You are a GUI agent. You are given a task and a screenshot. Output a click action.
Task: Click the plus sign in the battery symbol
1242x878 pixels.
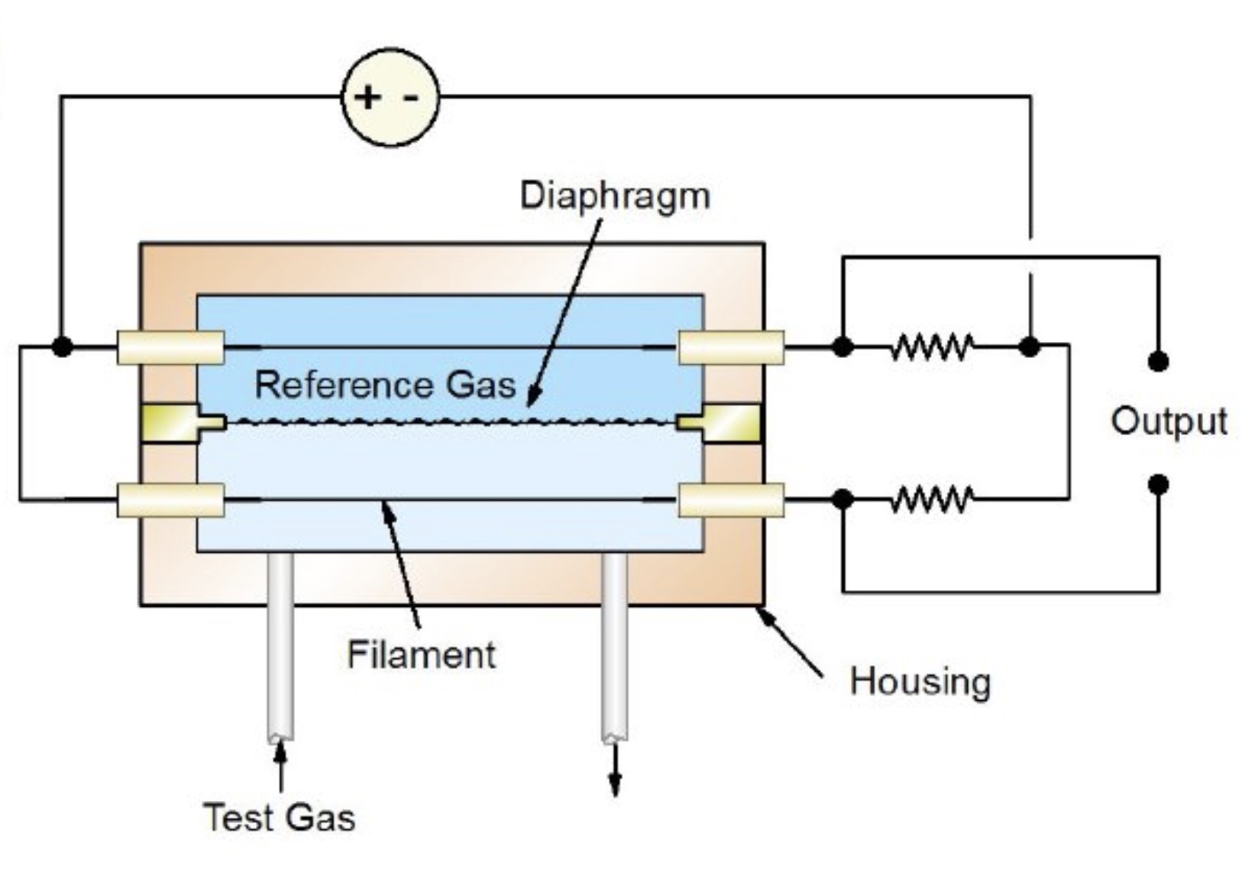[x=368, y=97]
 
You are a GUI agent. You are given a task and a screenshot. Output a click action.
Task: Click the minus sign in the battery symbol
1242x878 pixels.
[x=411, y=98]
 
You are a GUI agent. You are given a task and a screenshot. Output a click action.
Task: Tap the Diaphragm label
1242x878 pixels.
[x=614, y=195]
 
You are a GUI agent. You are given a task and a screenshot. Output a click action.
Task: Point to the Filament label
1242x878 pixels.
[x=421, y=655]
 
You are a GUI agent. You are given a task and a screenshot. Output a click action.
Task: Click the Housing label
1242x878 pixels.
[x=920, y=681]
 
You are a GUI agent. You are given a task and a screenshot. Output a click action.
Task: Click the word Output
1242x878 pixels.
[x=1169, y=421]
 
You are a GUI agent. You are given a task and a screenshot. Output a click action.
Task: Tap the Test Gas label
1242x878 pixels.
[x=280, y=817]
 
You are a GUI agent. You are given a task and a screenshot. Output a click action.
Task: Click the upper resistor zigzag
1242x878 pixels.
[x=931, y=347]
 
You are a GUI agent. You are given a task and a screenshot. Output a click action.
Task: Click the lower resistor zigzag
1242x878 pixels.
[x=931, y=499]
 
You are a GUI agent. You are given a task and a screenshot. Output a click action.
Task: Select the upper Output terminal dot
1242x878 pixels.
[x=1158, y=361]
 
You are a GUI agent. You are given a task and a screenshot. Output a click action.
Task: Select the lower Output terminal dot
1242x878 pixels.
[x=1158, y=484]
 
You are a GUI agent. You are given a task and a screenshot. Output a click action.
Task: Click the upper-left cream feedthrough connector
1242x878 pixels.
[x=170, y=347]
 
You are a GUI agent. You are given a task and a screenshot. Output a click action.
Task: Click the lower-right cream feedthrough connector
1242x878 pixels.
[x=731, y=500]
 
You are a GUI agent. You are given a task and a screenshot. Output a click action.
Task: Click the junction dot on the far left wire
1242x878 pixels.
[x=63, y=347]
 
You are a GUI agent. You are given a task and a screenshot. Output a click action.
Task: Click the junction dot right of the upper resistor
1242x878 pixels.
[x=1030, y=347]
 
